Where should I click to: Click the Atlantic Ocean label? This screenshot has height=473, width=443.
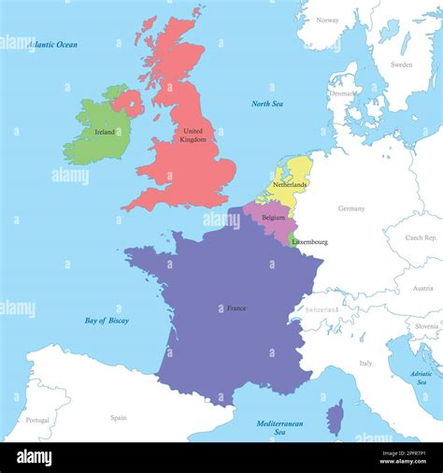tap(52, 44)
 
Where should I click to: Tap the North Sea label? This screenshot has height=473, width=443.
tap(267, 104)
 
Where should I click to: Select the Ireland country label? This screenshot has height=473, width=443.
tap(106, 133)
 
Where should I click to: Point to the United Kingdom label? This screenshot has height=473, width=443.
tap(193, 136)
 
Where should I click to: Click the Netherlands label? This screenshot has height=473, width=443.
tap(290, 185)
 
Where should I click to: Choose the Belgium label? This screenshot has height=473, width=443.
tap(273, 217)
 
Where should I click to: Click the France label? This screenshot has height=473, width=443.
tap(236, 308)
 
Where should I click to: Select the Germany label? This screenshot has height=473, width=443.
tap(351, 208)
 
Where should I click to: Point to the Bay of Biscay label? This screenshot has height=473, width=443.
tap(107, 321)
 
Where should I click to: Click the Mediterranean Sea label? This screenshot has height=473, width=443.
tap(280, 427)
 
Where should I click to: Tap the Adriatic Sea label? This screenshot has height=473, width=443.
tap(422, 378)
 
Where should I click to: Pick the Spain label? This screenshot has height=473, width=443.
tap(119, 418)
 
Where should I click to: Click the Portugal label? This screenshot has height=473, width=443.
tap(37, 420)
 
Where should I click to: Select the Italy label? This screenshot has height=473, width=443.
tap(365, 363)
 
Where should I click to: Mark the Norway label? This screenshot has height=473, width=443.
tap(327, 20)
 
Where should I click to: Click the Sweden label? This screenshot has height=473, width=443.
tap(401, 64)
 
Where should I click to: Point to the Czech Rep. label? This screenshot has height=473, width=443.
tap(422, 237)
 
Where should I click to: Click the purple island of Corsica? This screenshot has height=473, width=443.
tap(336, 418)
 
